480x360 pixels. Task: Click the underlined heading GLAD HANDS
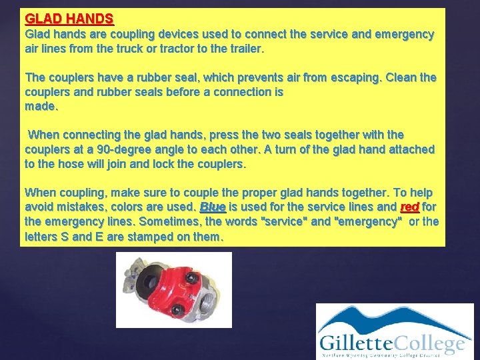point(69,19)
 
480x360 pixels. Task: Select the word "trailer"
point(244,49)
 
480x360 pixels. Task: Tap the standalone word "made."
point(40,106)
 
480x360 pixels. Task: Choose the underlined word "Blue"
point(213,207)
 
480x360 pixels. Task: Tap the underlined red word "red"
point(409,207)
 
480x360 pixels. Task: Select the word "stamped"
point(151,237)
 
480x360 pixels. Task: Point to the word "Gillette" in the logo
point(355,344)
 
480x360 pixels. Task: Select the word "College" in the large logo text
point(427,344)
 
